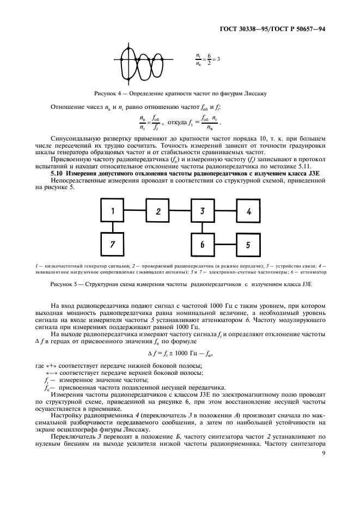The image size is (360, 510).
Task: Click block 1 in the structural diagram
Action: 113,211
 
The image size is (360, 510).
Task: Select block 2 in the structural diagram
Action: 158,211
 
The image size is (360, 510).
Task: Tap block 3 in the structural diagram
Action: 202,211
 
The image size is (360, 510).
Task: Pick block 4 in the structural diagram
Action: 248,211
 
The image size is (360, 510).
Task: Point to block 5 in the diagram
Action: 248,245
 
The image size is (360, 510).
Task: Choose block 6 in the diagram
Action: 202,245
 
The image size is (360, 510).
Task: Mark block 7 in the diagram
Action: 113,245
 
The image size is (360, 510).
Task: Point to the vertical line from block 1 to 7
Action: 113,228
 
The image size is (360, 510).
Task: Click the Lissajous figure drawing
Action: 143,59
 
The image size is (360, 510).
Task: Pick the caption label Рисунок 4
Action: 109,93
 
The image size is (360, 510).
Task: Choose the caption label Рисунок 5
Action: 66,284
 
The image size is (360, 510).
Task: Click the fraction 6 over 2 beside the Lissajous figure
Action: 209,58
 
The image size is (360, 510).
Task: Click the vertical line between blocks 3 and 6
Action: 202,228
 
